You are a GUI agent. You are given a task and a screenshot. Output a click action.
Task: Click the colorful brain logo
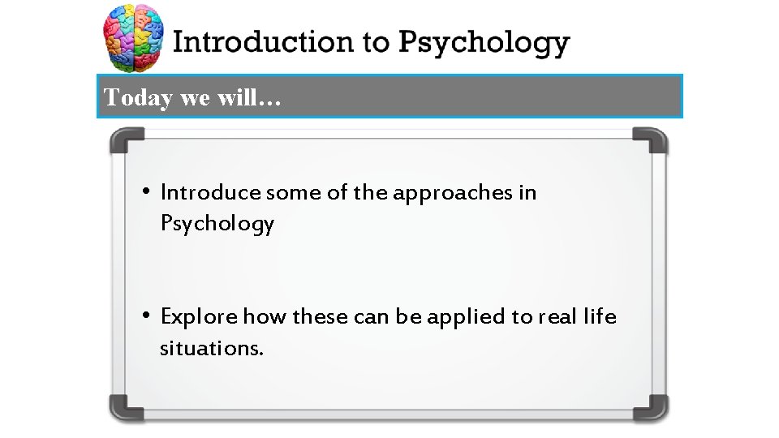134,40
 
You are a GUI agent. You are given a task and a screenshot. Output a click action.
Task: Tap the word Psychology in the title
483,44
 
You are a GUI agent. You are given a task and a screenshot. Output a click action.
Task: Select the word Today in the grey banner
139,98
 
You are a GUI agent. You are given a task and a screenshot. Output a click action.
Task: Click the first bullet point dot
144,192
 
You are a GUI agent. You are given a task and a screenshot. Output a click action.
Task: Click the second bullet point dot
144,316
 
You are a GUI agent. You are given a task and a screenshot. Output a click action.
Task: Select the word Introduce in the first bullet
211,193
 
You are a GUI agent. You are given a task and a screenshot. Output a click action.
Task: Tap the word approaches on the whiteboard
453,194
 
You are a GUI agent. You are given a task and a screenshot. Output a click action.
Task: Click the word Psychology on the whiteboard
217,224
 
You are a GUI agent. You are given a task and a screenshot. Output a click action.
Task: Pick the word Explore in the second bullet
200,316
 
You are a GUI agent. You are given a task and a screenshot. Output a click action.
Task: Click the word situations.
212,348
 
